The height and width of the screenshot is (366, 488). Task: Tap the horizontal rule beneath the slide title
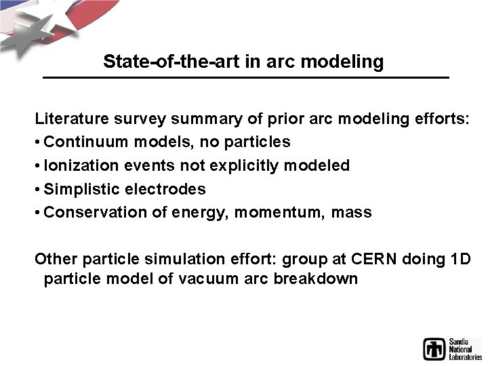pos(245,79)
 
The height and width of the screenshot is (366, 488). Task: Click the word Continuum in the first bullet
pos(82,142)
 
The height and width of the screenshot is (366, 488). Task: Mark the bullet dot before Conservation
pos(38,213)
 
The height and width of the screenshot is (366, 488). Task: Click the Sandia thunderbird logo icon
pos(434,348)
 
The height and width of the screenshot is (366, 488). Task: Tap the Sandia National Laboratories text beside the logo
pos(465,348)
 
